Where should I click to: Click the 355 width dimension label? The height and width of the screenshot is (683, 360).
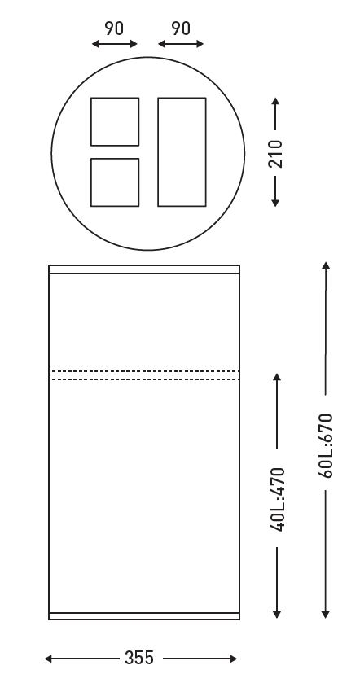[x=139, y=658]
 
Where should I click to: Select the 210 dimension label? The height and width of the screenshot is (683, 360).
[x=275, y=154]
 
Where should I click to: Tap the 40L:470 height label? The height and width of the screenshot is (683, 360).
[x=278, y=499]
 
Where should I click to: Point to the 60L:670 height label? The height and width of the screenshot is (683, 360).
[x=326, y=445]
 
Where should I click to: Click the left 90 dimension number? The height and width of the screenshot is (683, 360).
[x=114, y=28]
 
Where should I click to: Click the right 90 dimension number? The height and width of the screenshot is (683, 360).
[x=181, y=28]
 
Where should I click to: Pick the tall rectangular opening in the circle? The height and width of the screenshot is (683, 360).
[x=182, y=152]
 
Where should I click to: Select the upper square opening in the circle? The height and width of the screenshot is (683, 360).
[x=115, y=121]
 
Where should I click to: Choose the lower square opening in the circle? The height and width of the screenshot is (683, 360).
[x=115, y=182]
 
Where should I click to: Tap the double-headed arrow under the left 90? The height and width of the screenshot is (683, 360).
[x=115, y=44]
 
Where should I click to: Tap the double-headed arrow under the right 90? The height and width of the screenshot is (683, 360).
[x=181, y=44]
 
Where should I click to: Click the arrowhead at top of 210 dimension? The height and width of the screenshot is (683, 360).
[x=275, y=101]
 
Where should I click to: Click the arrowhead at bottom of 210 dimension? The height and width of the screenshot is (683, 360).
[x=275, y=203]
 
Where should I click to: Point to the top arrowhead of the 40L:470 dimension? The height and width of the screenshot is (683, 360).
[x=277, y=377]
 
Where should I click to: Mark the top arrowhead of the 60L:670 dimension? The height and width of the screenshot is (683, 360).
[x=326, y=265]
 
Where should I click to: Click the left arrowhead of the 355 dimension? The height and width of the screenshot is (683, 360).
[x=48, y=659]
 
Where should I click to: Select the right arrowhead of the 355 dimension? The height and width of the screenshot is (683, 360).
[x=233, y=659]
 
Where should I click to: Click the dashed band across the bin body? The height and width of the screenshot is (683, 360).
[x=144, y=375]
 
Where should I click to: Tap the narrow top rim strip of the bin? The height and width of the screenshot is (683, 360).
[x=144, y=269]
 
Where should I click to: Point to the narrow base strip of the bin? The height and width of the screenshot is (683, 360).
[x=144, y=616]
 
